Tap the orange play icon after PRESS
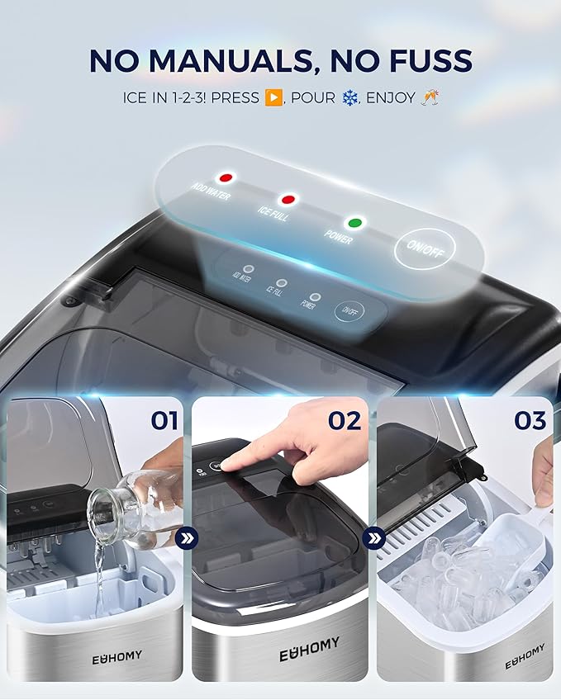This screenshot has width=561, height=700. click(x=273, y=98)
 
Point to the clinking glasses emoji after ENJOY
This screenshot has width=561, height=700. click(x=430, y=98)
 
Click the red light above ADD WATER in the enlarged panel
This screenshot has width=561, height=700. click(x=224, y=177)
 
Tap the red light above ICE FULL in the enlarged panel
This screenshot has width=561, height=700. click(x=288, y=199)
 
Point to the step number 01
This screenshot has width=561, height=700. click(x=164, y=421)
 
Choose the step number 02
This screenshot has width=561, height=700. click(x=345, y=421)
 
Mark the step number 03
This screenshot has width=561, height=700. click(x=530, y=421)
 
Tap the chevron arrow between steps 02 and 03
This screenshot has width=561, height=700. click(x=375, y=539)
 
